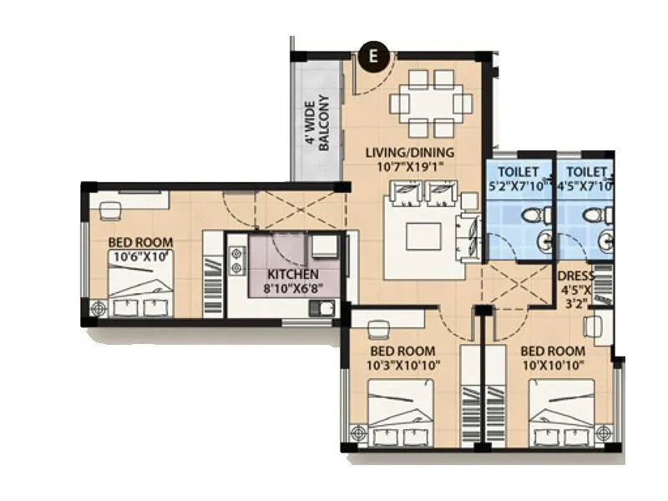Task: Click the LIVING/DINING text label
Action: tap(410, 153)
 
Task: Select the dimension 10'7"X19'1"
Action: tap(410, 166)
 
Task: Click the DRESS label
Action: tap(576, 276)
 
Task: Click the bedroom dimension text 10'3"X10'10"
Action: tap(404, 365)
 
